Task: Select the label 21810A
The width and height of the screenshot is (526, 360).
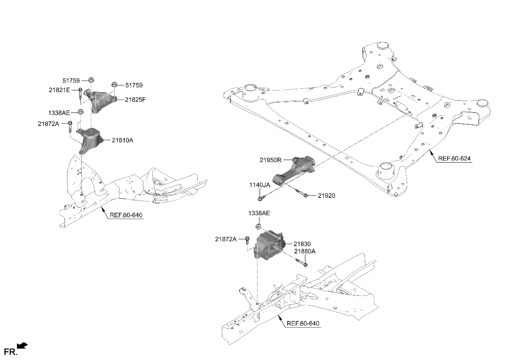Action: (123, 140)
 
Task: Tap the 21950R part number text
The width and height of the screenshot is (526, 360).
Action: (271, 160)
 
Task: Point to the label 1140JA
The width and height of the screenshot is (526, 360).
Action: (259, 185)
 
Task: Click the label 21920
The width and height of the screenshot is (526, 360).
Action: (326, 196)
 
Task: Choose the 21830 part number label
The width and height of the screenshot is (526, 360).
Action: (302, 244)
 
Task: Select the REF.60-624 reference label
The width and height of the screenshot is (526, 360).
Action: (454, 158)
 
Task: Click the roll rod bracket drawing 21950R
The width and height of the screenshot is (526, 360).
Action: (297, 170)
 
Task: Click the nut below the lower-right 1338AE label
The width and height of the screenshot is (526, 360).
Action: (258, 226)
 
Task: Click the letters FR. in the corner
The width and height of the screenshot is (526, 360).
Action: (11, 352)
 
